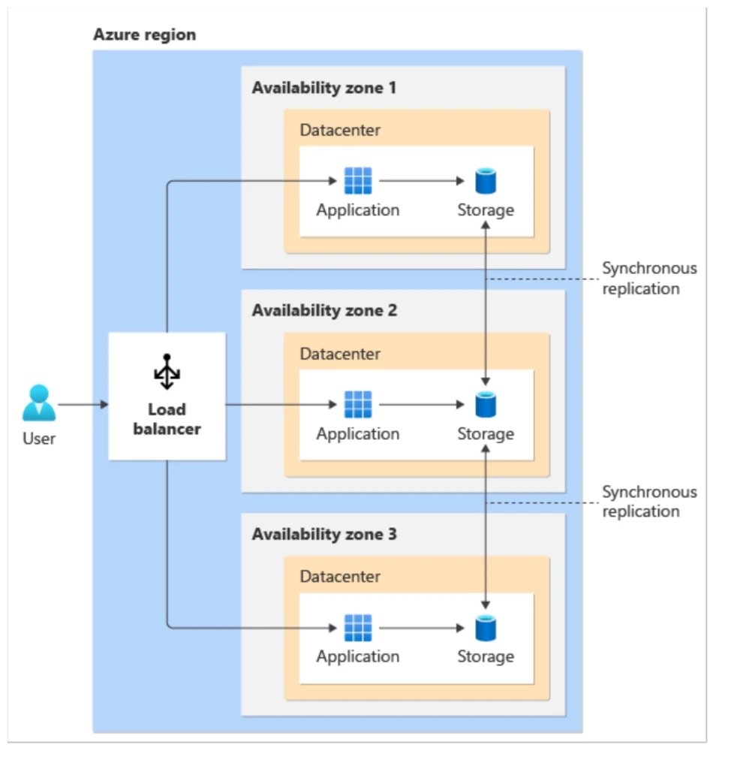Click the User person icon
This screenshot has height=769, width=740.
[38, 403]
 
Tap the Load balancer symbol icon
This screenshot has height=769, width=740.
[167, 372]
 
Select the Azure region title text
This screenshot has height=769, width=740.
[144, 35]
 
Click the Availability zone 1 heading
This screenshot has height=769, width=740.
[323, 88]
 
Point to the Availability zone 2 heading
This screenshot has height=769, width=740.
[324, 310]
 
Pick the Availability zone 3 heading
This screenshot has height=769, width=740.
[324, 534]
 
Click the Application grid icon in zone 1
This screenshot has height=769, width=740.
[357, 181]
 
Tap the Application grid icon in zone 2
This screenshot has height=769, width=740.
[357, 405]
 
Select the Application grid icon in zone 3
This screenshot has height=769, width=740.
[357, 628]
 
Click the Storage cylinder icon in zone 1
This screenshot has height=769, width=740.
[486, 181]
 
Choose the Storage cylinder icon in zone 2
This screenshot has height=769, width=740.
[486, 405]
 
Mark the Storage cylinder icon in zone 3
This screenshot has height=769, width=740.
[486, 628]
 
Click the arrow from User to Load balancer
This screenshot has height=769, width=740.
[83, 405]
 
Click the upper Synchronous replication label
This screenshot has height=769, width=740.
[649, 279]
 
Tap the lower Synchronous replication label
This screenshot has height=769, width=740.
[649, 502]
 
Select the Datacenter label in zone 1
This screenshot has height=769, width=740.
[340, 130]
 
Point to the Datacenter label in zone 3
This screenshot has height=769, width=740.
[340, 577]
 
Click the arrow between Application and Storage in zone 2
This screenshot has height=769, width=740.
[421, 405]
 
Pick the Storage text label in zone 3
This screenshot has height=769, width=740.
[486, 656]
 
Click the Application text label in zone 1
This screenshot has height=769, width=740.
[357, 210]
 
